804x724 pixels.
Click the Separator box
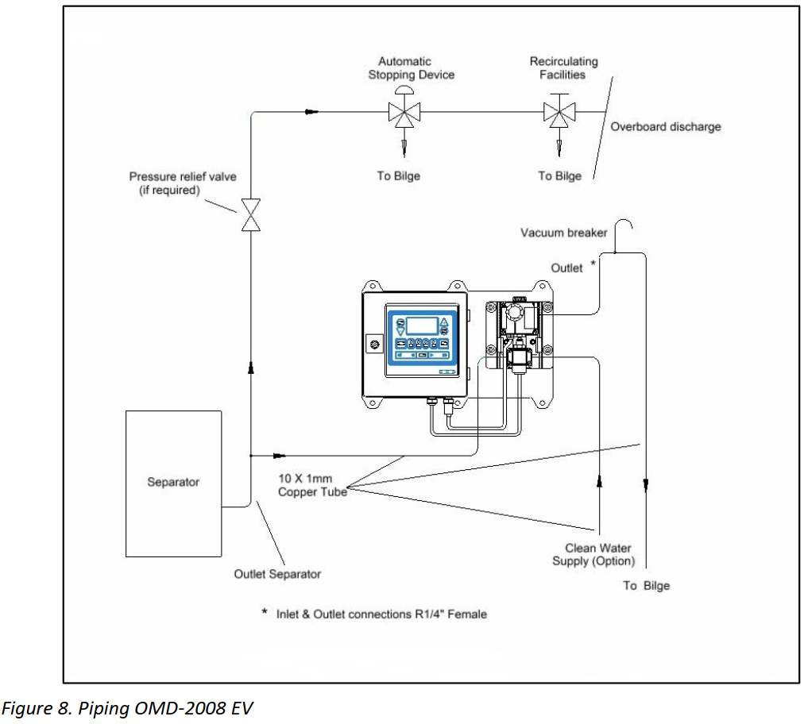173,483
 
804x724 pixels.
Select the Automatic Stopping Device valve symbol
405,112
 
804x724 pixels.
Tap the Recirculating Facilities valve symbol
560,112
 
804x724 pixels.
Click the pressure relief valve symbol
251,214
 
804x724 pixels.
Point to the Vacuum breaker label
563,233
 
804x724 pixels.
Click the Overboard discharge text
665,127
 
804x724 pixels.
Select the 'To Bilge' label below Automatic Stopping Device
398,176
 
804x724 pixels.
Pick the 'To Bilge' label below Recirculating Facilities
559,176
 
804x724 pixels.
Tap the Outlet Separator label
277,574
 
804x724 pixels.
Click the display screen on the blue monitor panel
421,325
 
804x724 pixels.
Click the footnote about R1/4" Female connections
380,614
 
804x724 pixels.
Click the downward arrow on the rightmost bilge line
647,482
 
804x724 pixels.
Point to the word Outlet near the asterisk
566,268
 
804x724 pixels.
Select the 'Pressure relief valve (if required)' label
183,183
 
